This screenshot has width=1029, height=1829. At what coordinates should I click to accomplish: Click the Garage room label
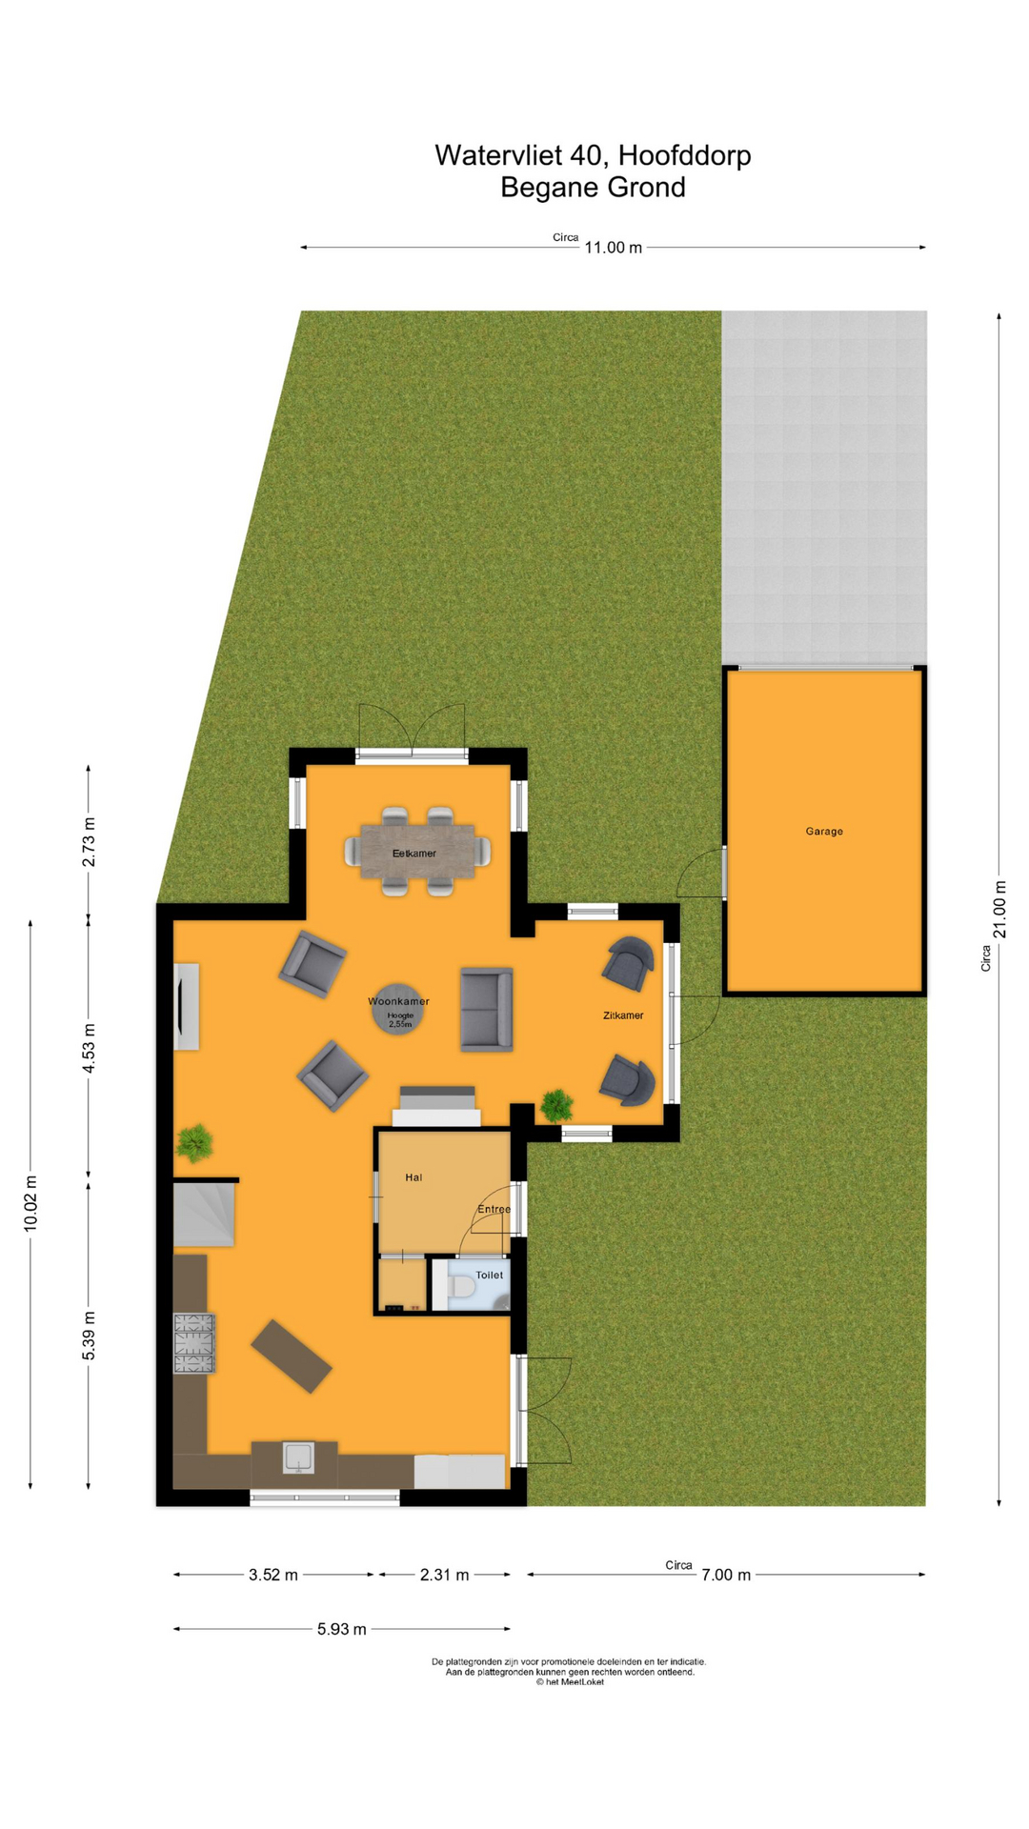[824, 832]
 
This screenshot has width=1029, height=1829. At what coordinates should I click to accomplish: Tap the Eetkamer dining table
[417, 852]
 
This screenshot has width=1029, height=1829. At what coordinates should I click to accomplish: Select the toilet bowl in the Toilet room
[461, 1287]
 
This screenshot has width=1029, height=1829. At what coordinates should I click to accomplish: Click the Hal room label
[414, 1177]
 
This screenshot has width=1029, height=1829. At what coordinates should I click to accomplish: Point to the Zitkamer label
[623, 1015]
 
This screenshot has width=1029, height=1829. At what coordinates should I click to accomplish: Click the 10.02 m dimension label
[30, 1204]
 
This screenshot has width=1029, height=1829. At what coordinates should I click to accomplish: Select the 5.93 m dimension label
[342, 1629]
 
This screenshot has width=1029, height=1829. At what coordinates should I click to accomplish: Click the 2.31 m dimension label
[445, 1575]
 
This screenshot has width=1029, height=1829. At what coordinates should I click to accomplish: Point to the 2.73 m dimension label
[89, 842]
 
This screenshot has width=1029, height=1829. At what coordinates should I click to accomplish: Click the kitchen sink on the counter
[298, 1457]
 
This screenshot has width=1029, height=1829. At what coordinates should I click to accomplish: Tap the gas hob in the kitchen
[193, 1343]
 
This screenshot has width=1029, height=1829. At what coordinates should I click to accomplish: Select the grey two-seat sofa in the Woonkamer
[487, 1010]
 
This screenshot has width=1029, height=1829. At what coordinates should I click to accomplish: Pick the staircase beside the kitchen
[204, 1214]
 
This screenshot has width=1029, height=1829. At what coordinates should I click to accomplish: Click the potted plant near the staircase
[194, 1143]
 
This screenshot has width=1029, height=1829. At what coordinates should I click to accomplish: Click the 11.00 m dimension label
[614, 248]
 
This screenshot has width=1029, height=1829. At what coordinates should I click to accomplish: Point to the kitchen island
[292, 1357]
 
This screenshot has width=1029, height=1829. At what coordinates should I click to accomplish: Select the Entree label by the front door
[494, 1210]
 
